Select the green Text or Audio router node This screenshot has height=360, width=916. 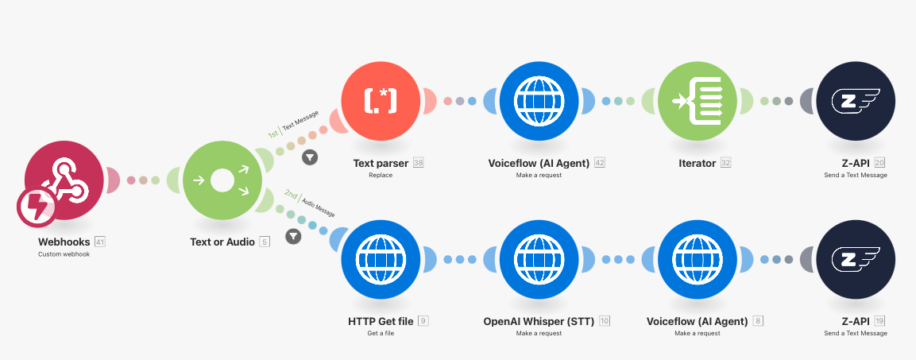[222, 180]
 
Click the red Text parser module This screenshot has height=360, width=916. [381, 101]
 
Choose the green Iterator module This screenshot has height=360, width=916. [697, 101]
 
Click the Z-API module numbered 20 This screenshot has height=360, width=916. [856, 101]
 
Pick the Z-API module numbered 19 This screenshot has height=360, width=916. [856, 260]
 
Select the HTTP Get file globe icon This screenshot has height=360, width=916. [381, 260]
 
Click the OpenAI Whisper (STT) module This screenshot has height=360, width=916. [539, 260]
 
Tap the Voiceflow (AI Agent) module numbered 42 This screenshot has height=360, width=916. [539, 101]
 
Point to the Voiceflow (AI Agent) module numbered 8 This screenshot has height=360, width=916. [697, 260]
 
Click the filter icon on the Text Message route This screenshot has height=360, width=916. [310, 157]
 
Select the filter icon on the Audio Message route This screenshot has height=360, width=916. [293, 236]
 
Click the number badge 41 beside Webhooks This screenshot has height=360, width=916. [100, 242]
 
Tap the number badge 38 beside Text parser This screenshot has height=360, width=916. [418, 163]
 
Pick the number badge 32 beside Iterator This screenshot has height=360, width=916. [725, 163]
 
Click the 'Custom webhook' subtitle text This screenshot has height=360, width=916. [64, 254]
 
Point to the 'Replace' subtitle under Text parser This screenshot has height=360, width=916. [381, 175]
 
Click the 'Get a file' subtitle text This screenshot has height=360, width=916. [381, 334]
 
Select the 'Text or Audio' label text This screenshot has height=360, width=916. [222, 242]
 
